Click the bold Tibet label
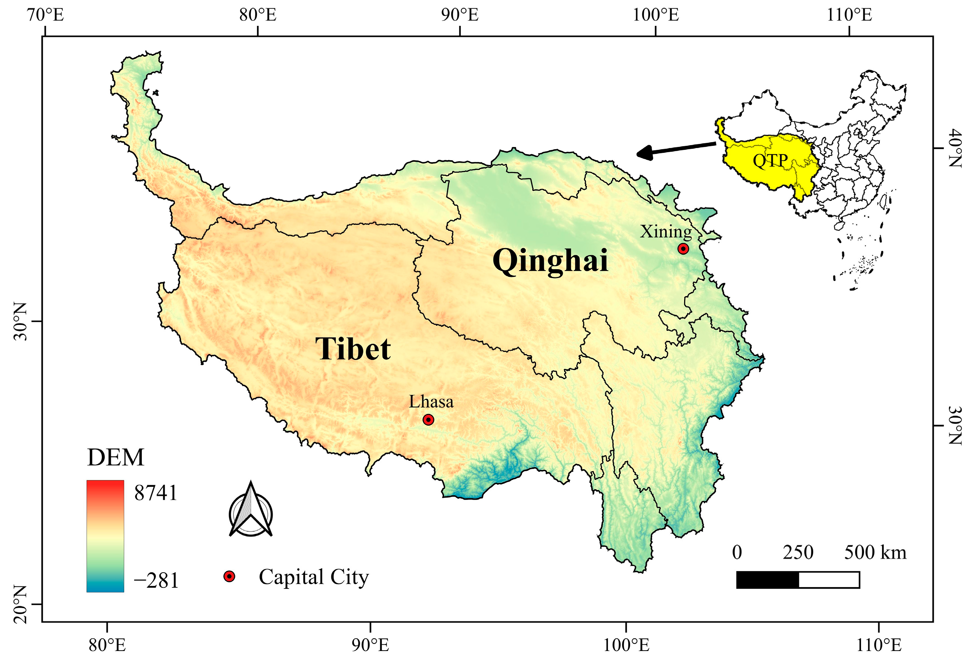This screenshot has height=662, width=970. (353, 349)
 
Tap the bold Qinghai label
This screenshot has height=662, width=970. (550, 261)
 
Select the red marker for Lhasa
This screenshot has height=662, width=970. (428, 420)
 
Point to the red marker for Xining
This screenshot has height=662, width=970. (683, 248)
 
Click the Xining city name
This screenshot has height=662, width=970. (666, 231)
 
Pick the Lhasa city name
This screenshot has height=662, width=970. (431, 402)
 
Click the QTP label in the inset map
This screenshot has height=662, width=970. (770, 161)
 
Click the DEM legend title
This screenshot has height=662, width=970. (116, 457)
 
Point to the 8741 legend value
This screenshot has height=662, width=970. (156, 493)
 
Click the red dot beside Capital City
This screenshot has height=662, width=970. (229, 576)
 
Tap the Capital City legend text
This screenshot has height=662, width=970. (314, 577)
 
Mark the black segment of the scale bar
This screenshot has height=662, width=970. (767, 580)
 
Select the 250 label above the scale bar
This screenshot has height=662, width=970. (798, 553)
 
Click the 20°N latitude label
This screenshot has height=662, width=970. (20, 604)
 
